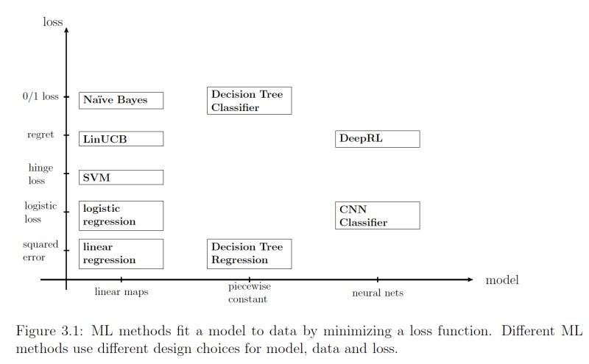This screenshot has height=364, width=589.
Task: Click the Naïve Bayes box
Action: coord(121,100)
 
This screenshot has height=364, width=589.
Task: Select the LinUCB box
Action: coord(121,139)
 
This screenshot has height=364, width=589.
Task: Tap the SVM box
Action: coord(121,177)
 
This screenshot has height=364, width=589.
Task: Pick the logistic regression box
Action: coord(121,215)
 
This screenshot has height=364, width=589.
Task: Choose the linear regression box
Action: coord(121,254)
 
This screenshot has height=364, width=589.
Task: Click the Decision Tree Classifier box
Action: coord(250,101)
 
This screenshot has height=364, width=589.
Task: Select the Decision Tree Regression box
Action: coord(250,254)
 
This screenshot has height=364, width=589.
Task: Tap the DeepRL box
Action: coord(378,139)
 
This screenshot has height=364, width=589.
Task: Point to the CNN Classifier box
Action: coord(378,215)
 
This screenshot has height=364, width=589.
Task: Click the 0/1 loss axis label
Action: coord(40,96)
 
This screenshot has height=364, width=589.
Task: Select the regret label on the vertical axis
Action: coord(40,135)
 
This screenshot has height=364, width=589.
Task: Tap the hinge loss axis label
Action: coord(40,174)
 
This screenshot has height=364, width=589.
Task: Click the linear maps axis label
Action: coord(121,293)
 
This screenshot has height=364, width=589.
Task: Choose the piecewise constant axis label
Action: coord(247,293)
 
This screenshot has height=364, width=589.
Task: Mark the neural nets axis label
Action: coord(378,293)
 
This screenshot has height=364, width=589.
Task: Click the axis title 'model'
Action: coord(502,280)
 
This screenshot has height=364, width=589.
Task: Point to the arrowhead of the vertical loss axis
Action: coord(66,31)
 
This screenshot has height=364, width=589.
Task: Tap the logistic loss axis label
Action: coord(40,213)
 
